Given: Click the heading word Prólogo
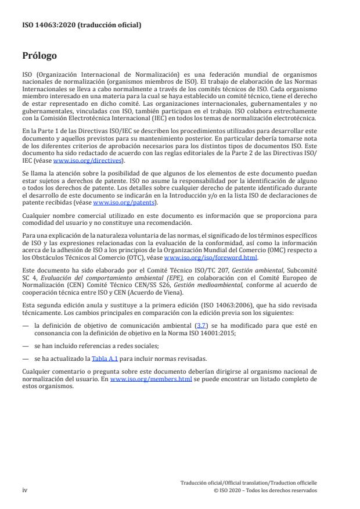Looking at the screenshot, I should pos(39,56).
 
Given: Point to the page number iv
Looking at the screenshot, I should pos(25,490).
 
